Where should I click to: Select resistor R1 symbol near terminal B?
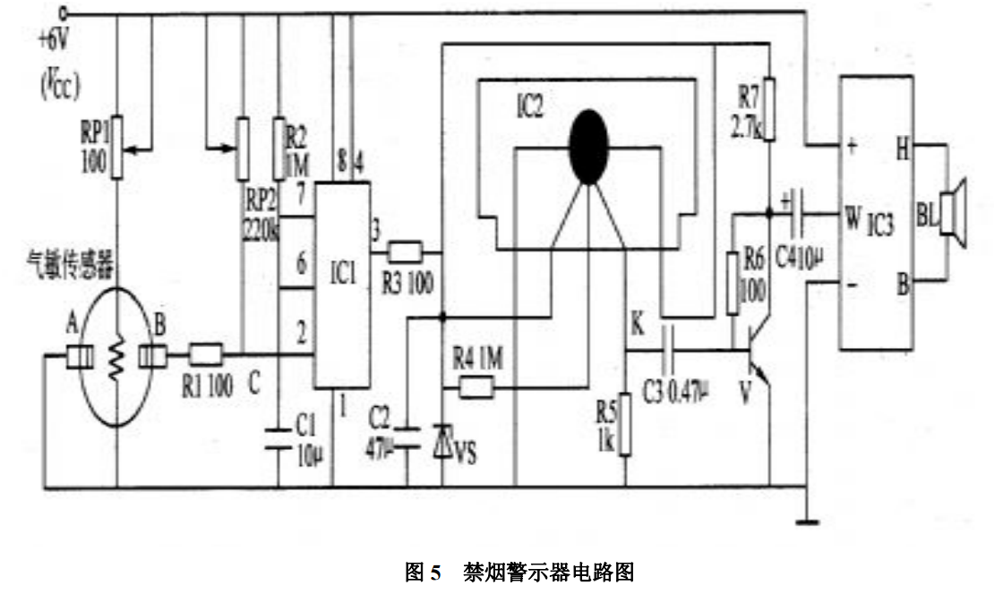tap(206, 356)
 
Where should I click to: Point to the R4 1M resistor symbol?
tap(476, 387)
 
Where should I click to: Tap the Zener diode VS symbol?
tap(443, 442)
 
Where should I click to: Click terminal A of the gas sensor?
tap(81, 356)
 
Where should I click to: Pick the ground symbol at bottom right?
tap(809, 516)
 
